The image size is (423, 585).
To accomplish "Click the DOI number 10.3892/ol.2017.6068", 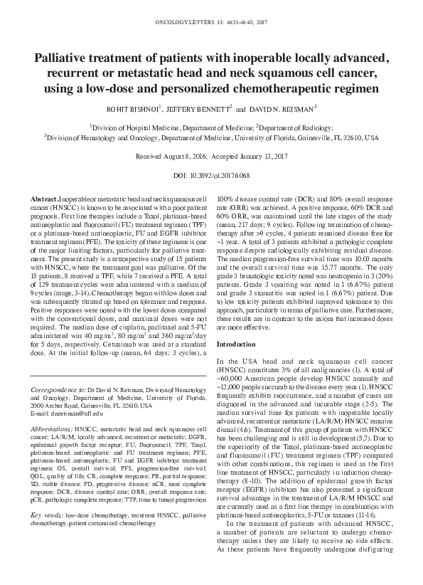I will pyautogui.click(x=221, y=174).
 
